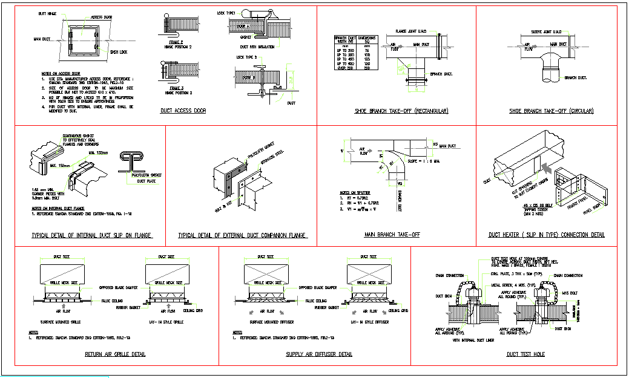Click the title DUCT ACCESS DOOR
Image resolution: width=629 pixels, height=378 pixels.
tap(183, 111)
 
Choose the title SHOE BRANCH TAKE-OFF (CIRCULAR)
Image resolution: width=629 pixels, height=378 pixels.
tap(551, 111)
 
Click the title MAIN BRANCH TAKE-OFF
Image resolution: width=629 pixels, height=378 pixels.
tap(392, 235)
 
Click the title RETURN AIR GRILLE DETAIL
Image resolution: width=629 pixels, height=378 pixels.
tap(115, 354)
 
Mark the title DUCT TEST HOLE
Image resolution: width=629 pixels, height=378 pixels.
tap(525, 354)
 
